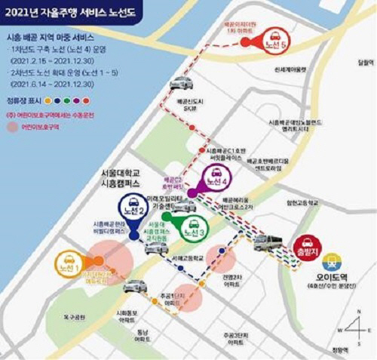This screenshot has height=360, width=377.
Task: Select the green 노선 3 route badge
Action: point(194,223)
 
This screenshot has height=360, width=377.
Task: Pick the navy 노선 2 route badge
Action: point(133,210)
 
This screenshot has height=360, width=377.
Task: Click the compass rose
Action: point(355,328)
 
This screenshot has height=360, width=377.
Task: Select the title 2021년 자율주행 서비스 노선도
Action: point(83,11)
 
